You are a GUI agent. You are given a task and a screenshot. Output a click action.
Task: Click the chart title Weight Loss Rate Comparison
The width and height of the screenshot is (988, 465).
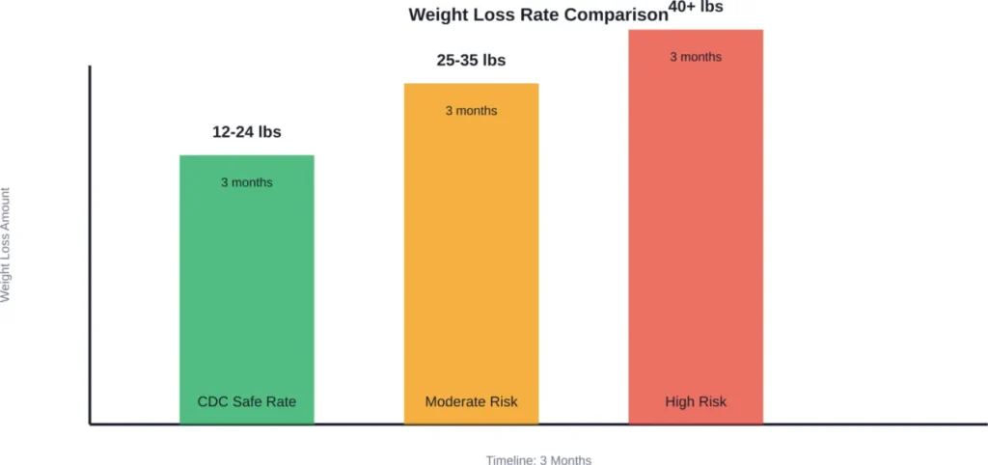coord(537,15)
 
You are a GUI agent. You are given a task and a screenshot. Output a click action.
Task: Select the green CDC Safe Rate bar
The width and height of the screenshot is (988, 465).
coord(247,289)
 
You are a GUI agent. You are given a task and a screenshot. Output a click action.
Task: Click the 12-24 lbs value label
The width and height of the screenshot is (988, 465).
coord(247,132)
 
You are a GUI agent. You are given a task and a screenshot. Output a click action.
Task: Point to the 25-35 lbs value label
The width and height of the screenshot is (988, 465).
coord(471,61)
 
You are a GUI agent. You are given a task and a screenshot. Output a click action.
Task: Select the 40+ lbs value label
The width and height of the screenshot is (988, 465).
coord(696,8)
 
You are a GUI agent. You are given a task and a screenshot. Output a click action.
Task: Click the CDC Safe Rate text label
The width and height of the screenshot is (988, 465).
coord(247,401)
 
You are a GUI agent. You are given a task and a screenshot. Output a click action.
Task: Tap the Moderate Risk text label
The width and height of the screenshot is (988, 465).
coord(471,401)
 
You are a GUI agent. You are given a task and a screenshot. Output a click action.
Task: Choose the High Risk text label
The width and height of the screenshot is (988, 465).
coord(696,401)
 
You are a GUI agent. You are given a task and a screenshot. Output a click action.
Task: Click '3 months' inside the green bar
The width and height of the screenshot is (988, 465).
coord(247,182)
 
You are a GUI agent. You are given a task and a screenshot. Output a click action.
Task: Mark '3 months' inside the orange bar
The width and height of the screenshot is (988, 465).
coord(471,111)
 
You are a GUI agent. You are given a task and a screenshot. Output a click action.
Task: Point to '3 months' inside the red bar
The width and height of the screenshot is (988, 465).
coord(696,57)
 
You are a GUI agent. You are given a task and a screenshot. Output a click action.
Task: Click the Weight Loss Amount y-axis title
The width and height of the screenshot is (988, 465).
coord(6,244)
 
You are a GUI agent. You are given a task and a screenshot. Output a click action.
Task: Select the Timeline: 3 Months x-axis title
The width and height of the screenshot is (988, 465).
coord(538,460)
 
